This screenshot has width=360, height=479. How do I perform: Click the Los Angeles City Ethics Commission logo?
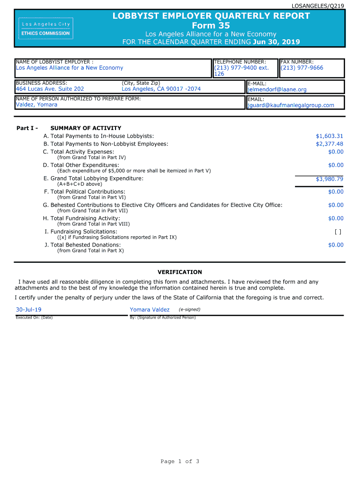point(45,28)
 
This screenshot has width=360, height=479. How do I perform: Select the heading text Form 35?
point(211,25)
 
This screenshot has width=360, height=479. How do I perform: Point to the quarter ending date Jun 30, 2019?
point(276,42)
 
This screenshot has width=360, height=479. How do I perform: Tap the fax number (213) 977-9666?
point(302,68)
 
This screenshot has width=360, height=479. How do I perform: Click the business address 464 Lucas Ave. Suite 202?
point(50,89)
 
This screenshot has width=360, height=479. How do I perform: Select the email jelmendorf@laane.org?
point(277,89)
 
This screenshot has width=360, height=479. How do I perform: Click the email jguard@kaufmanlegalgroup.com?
point(290,105)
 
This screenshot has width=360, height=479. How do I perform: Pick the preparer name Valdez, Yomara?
point(36,105)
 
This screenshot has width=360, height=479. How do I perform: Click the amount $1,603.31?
point(330,136)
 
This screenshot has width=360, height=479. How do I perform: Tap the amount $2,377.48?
point(330,144)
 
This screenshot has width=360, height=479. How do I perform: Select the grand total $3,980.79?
point(330,179)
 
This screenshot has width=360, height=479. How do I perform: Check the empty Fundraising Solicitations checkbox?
point(338,232)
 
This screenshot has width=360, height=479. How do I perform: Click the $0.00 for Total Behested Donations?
point(336,245)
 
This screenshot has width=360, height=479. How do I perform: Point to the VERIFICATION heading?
point(180,272)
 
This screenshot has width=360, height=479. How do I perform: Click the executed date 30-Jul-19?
point(29,310)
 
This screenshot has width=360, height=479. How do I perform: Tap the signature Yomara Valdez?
point(150,310)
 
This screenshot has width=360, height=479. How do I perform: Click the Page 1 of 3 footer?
point(180,462)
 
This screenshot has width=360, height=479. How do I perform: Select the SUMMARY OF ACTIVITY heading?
point(86,128)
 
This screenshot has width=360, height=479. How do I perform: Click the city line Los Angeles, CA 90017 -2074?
point(161,89)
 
